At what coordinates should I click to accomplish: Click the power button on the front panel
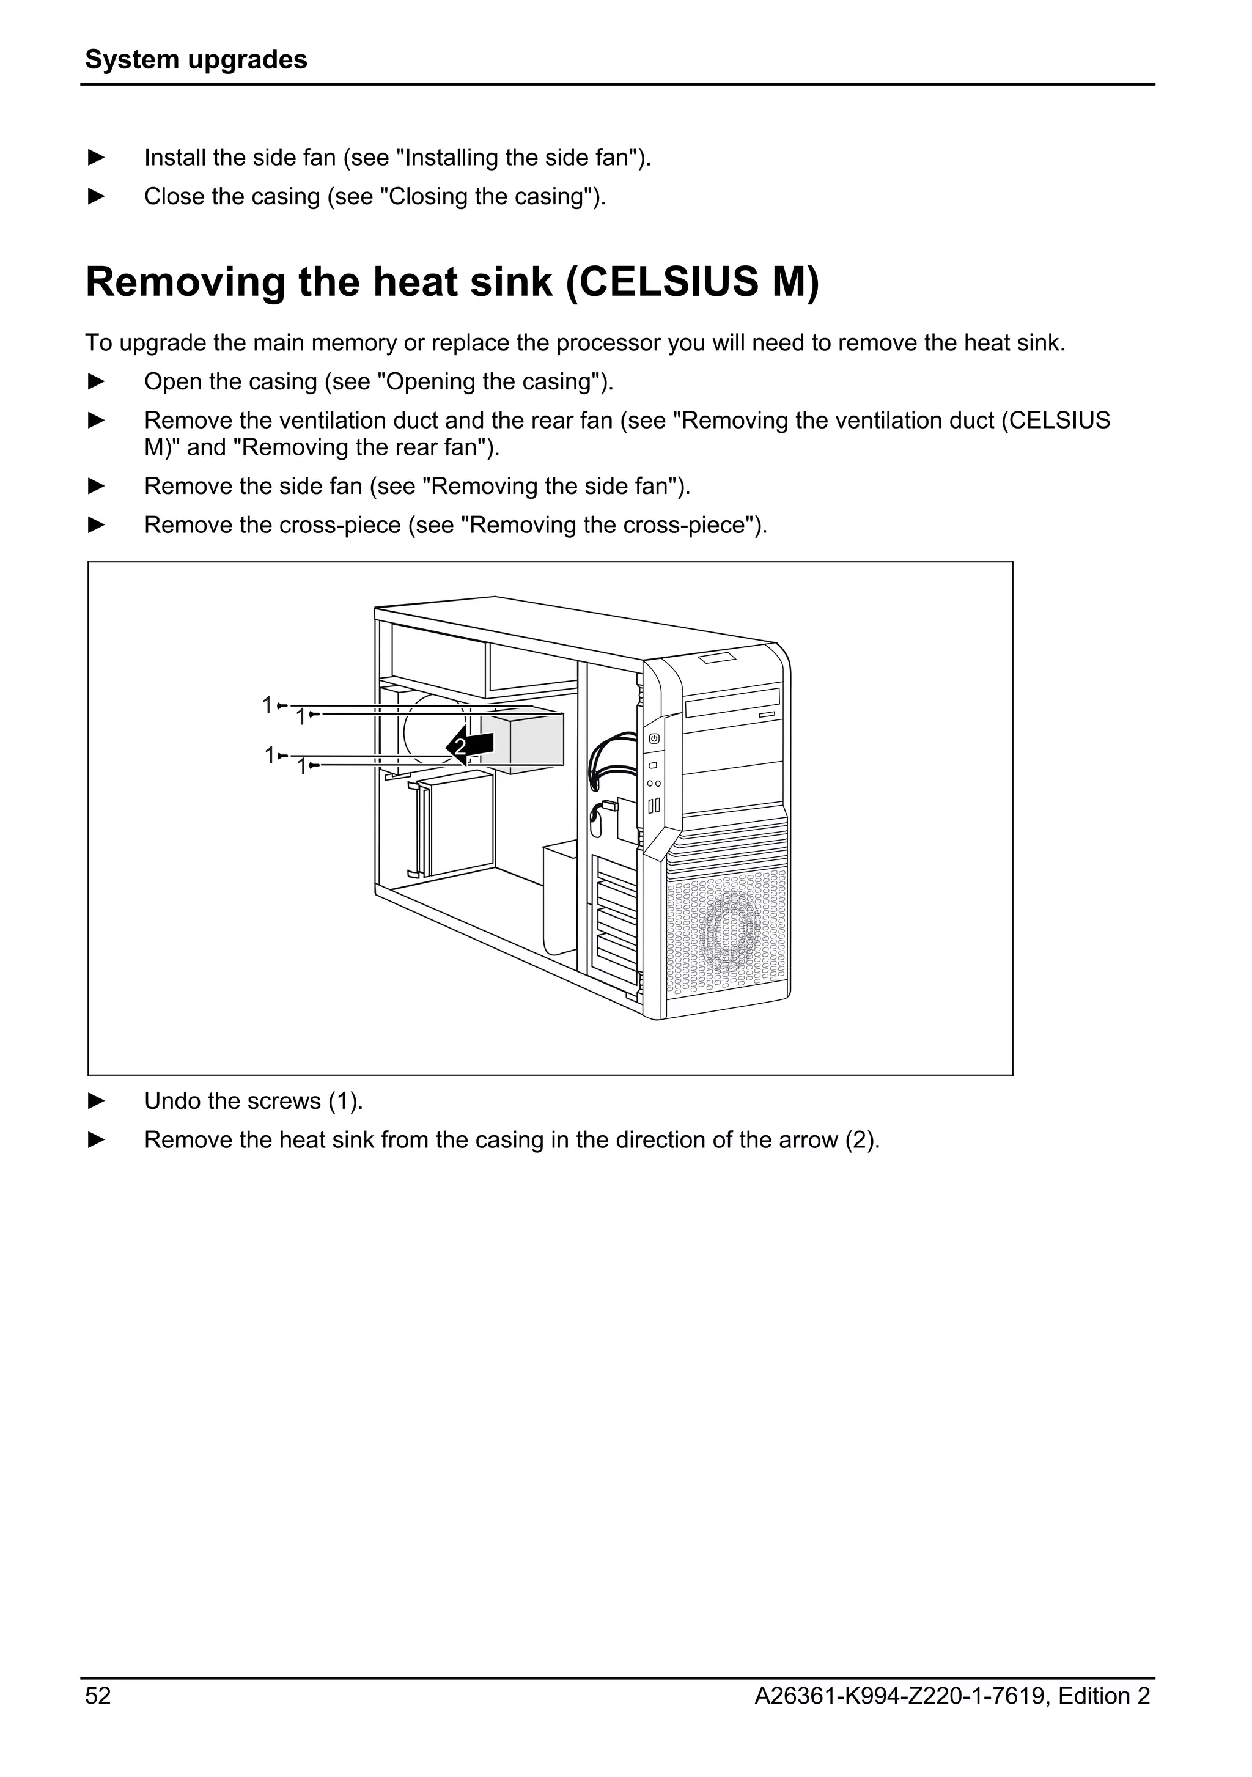click(x=655, y=738)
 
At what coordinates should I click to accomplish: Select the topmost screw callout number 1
click(x=267, y=705)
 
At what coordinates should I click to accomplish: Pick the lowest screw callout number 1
click(x=303, y=767)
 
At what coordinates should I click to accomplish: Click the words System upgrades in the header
click(x=196, y=59)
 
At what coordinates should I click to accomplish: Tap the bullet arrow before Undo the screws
click(x=97, y=1100)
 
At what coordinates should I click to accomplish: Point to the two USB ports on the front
click(x=654, y=806)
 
